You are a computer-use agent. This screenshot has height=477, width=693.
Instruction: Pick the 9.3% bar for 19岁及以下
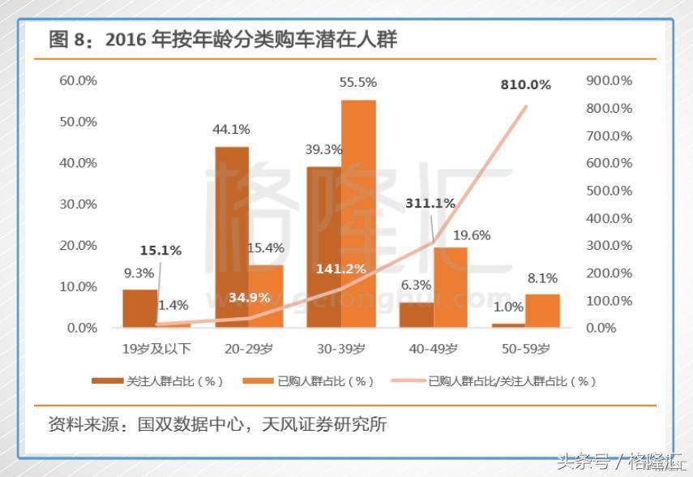point(140,308)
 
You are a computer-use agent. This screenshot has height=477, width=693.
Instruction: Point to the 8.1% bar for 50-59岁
point(542,311)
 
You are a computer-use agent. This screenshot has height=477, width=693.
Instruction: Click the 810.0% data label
point(525,84)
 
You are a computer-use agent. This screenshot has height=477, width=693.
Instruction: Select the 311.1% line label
point(430,203)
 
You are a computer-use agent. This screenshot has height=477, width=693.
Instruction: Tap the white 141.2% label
point(341,269)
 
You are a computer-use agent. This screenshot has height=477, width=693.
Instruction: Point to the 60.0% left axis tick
point(78,80)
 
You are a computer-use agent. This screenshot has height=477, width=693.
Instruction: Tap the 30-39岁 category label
point(341,349)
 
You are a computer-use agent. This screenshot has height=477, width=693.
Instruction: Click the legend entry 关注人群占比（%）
point(159,380)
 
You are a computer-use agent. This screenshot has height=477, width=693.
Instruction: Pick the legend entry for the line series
point(494,380)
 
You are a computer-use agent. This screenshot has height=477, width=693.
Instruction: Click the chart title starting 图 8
point(223,39)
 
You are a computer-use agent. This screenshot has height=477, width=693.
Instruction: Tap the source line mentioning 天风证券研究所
point(217,424)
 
